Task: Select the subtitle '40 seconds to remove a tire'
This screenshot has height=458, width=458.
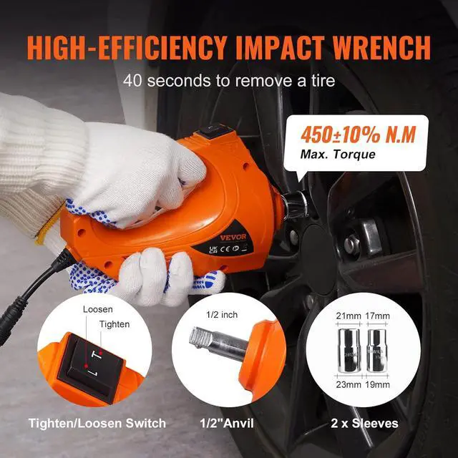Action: point(229,79)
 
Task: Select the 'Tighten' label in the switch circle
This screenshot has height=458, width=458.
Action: point(114,323)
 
